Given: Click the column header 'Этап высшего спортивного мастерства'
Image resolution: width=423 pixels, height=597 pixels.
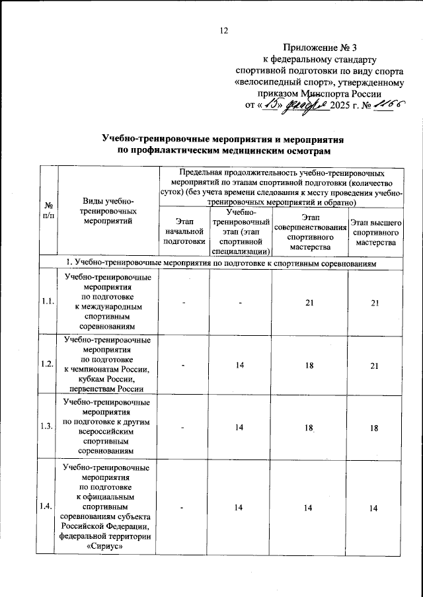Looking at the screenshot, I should (375, 235).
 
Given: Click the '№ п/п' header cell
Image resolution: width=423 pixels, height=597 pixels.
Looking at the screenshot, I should (48, 211).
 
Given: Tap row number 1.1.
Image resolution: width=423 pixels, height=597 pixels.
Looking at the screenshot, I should (46, 301).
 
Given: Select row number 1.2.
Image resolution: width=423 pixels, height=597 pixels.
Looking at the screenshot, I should (46, 364).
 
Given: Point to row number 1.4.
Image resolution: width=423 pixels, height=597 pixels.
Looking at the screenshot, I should (46, 507).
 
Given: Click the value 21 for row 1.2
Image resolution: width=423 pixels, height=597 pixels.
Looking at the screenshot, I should (375, 364).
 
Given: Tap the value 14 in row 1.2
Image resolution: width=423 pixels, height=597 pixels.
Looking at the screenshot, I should (241, 364).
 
